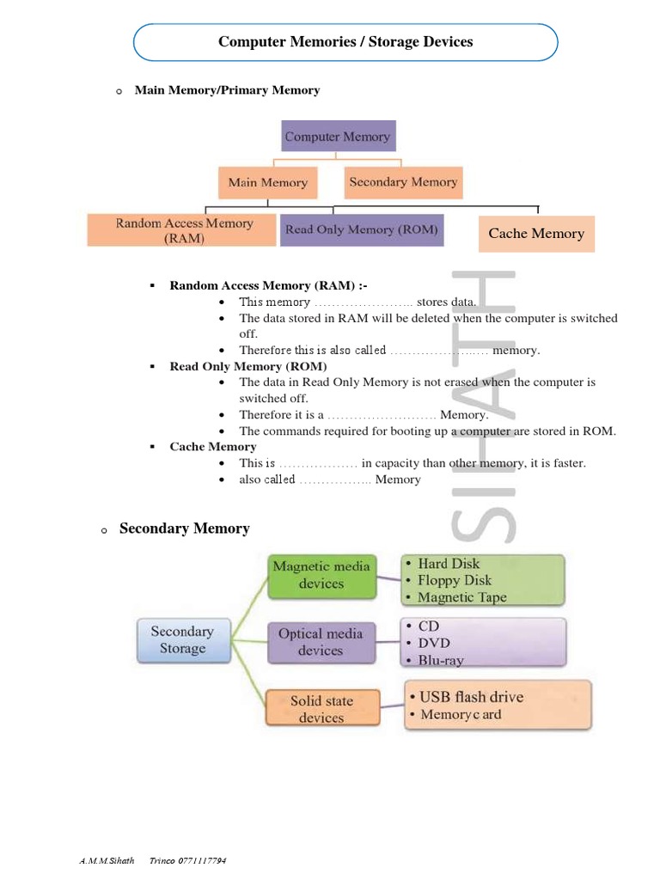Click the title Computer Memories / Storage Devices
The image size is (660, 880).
345,41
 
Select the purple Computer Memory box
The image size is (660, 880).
338,137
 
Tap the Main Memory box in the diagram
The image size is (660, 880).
267,183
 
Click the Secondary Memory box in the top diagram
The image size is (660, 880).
403,182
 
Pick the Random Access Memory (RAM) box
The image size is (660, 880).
184,230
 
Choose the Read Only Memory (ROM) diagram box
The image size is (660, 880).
361,229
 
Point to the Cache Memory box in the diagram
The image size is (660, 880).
535,234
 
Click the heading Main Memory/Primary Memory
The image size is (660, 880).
227,90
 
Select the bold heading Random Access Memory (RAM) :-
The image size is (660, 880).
269,285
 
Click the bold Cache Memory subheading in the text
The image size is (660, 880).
212,447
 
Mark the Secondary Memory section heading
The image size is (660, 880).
184,529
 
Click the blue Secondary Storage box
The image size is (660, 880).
182,639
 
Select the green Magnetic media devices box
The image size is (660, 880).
321,575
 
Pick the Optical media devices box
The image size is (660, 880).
321,642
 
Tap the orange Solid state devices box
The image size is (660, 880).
321,709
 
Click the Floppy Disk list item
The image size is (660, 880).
454,580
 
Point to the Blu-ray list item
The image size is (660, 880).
441,660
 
